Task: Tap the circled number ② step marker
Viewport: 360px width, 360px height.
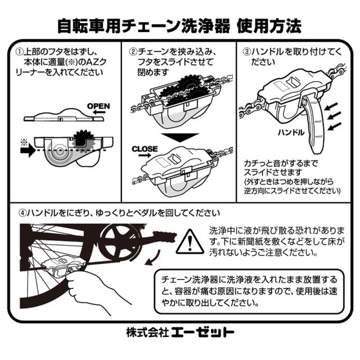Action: click(x=133, y=52)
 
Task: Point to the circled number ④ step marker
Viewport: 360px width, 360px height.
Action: click(x=22, y=213)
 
